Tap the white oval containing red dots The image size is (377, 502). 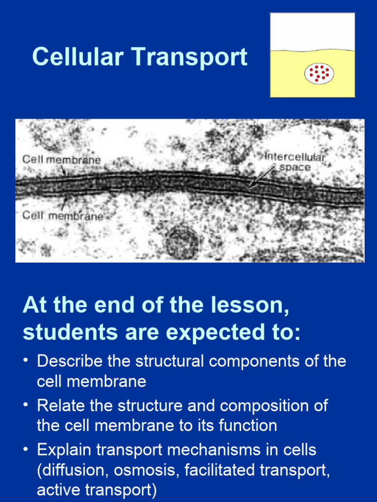(319, 74)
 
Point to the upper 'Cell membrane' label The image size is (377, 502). (61, 159)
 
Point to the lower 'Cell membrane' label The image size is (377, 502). (62, 215)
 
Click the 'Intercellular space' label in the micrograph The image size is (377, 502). (295, 162)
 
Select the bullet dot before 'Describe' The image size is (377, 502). (26, 361)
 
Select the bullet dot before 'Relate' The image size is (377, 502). (26, 405)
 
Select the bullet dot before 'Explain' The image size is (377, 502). (26, 450)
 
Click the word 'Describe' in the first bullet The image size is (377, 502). (69, 361)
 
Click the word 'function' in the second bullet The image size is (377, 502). (249, 425)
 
